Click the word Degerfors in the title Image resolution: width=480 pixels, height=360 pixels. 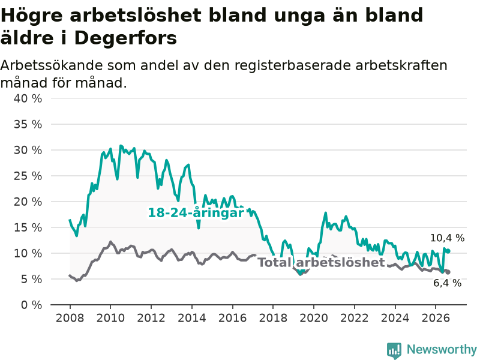tap(125, 38)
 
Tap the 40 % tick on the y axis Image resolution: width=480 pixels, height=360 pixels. tap(28, 98)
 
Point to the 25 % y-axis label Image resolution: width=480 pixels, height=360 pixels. tap(28, 176)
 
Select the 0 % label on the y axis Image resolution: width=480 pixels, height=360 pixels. tap(32, 305)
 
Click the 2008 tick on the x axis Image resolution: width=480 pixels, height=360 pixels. tap(70, 318)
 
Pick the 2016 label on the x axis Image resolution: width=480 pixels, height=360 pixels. tap(232, 318)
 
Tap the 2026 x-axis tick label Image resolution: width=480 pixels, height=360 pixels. tap(436, 318)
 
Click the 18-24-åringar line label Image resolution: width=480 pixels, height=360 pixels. tap(196, 212)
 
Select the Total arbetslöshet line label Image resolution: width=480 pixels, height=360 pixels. tap(321, 262)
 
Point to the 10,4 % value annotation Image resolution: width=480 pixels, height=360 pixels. tap(447, 238)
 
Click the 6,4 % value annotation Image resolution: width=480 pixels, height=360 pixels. tap(447, 283)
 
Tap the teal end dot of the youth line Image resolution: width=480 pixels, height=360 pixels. tap(448, 251)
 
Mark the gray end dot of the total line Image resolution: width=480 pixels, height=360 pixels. tap(448, 272)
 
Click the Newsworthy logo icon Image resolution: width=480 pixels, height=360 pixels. tap(394, 350)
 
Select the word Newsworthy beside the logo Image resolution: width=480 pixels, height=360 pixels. tap(442, 349)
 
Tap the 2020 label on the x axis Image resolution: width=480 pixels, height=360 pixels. tap(314, 318)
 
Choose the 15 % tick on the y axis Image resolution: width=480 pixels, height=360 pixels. tap(28, 227)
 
